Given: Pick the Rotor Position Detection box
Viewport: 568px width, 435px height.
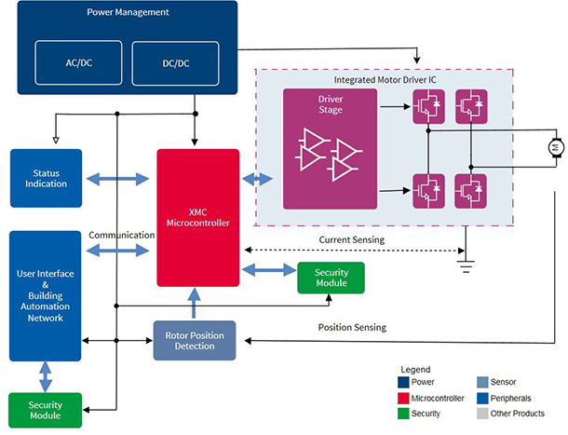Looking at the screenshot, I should click(x=195, y=341).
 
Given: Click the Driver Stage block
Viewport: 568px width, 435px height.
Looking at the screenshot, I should click(x=330, y=148).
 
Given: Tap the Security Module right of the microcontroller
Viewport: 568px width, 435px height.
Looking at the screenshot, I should click(x=331, y=277).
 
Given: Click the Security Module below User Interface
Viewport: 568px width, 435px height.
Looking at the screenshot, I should click(x=45, y=409).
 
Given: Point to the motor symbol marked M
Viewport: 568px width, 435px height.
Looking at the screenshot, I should click(x=552, y=146).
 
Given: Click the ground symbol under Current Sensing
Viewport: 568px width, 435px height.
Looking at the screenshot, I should click(x=465, y=265).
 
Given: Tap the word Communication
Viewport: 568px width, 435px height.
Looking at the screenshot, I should click(x=121, y=236).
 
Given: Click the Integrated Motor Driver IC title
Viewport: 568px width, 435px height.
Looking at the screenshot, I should click(x=385, y=82).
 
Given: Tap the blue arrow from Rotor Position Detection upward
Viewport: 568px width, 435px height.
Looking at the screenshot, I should click(x=195, y=304).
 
